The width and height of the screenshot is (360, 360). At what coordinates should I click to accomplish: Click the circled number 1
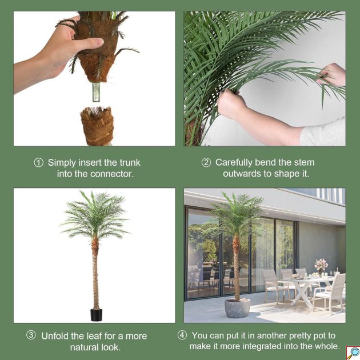39,163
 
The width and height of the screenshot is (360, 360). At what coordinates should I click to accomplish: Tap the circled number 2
206,162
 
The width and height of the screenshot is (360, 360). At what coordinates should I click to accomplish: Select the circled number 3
31,335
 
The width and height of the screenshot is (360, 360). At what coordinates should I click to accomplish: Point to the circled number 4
182,335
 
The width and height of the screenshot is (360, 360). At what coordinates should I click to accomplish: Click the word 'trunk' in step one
130,162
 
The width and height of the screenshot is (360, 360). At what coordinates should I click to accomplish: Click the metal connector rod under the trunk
96,92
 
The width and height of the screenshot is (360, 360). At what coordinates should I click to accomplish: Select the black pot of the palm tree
97,315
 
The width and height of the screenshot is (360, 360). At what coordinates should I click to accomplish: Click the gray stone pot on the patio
237,308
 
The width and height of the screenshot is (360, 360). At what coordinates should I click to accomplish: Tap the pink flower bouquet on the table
321,265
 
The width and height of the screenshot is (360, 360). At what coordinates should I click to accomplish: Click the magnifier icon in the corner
353,353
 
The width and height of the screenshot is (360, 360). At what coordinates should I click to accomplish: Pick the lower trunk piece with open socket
98,126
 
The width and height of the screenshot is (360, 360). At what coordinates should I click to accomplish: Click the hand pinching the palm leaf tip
333,75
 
